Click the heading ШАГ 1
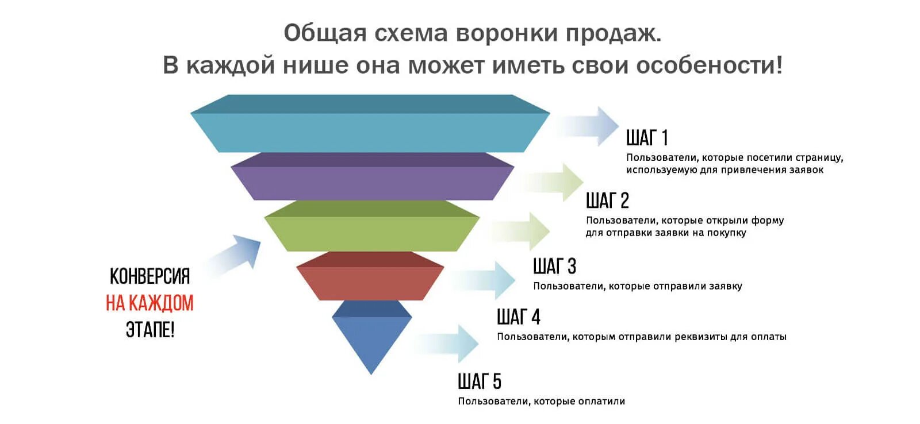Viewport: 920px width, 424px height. pos(647,138)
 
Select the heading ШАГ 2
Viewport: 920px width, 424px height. pos(607,201)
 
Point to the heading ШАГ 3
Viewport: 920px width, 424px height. pos(554,266)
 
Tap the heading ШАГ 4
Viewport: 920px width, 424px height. pos(519,317)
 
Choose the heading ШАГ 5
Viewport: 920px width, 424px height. pos(480,381)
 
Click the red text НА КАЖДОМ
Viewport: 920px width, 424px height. pos(149,303)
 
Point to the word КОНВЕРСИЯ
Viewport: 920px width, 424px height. pos(149,276)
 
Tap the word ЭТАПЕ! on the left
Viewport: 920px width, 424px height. pos(149,330)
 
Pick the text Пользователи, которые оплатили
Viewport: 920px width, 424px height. pos(541,401)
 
